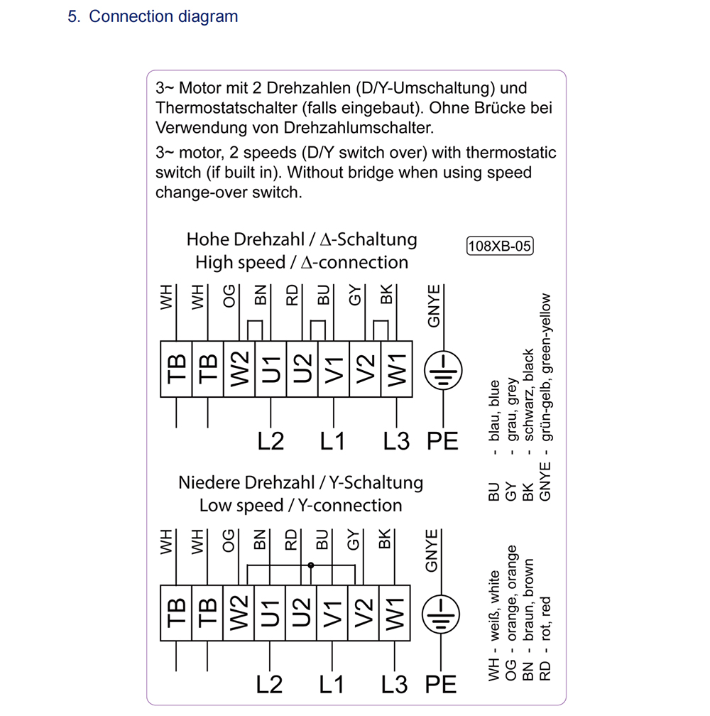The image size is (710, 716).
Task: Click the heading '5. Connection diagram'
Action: click(x=153, y=16)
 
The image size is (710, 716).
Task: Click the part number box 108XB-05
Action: click(x=500, y=246)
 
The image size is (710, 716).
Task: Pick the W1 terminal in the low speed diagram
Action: click(x=395, y=609)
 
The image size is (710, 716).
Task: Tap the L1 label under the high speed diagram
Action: click(x=332, y=441)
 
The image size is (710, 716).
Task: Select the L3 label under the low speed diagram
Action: click(x=395, y=684)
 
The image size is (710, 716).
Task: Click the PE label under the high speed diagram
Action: click(x=442, y=441)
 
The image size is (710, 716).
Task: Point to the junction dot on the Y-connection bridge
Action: click(x=311, y=565)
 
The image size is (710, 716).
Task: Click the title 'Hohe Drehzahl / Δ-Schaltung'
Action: click(x=301, y=239)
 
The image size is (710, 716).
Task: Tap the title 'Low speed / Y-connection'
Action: click(x=300, y=506)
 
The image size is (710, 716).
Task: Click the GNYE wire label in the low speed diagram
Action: click(x=432, y=550)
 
